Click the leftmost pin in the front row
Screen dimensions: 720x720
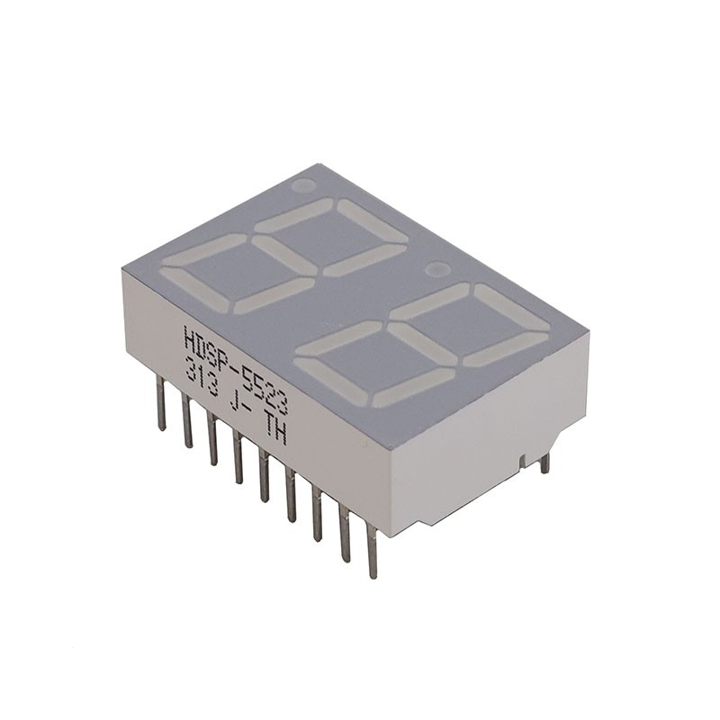click(161, 404)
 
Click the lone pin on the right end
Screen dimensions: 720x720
click(544, 463)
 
